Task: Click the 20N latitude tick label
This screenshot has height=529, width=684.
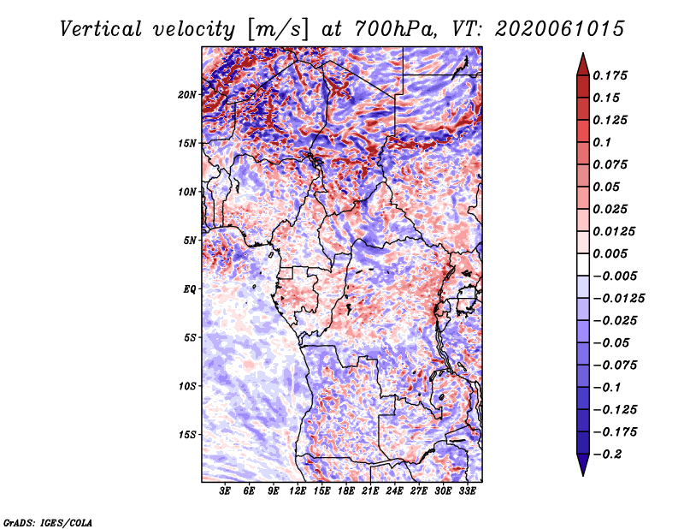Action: [x=187, y=95]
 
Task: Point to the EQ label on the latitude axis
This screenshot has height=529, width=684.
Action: [x=190, y=289]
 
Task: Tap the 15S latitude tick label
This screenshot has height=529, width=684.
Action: [x=187, y=435]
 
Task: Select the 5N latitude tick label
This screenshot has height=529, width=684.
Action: [x=190, y=241]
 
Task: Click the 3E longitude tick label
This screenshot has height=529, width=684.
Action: [x=225, y=491]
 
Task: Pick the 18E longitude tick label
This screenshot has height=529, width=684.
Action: [x=346, y=491]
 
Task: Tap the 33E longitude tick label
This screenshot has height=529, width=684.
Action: [x=467, y=491]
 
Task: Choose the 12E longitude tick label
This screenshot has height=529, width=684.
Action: [x=298, y=491]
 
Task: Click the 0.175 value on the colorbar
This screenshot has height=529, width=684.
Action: [x=610, y=75]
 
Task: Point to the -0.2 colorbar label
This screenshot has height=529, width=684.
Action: [x=607, y=455]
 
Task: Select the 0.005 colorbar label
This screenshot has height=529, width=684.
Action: [x=610, y=253]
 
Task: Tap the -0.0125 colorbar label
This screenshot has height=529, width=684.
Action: [x=618, y=299]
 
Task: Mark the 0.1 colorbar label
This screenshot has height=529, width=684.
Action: [x=602, y=142]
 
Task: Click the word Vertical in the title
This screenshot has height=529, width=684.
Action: [x=101, y=29]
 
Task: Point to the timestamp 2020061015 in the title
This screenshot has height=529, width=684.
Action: [x=560, y=29]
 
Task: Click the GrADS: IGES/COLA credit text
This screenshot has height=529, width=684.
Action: [x=48, y=523]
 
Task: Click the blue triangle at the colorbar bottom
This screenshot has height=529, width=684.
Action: [x=583, y=464]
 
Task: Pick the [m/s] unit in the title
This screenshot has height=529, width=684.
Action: [x=277, y=29]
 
